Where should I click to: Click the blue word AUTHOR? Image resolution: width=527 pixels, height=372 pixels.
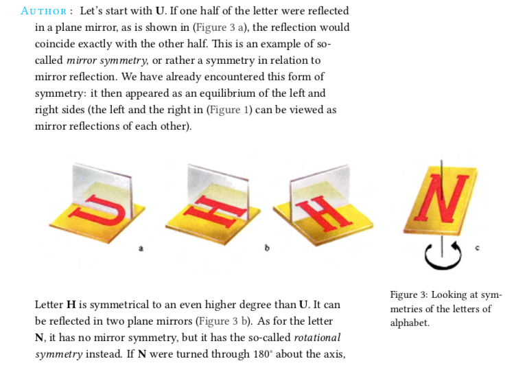click(x=44, y=11)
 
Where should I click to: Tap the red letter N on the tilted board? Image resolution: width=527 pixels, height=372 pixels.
click(x=441, y=199)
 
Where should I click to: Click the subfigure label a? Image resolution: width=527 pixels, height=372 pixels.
click(x=141, y=248)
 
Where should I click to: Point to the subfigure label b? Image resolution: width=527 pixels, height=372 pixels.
click(x=267, y=248)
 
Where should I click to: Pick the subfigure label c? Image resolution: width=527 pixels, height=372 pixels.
click(x=478, y=248)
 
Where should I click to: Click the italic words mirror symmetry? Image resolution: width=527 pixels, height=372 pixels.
click(x=107, y=60)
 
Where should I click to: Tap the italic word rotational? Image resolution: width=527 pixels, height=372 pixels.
click(x=317, y=338)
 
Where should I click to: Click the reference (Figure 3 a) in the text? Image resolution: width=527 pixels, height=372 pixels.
click(x=220, y=27)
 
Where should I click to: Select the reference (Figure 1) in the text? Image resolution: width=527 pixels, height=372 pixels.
click(x=230, y=110)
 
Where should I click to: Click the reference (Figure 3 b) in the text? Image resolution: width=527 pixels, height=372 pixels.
click(x=224, y=321)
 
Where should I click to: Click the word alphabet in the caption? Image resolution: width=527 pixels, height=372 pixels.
click(x=410, y=323)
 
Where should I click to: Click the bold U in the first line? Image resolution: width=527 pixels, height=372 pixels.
click(x=160, y=11)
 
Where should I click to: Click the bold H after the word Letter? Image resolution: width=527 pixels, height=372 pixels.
click(x=71, y=305)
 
